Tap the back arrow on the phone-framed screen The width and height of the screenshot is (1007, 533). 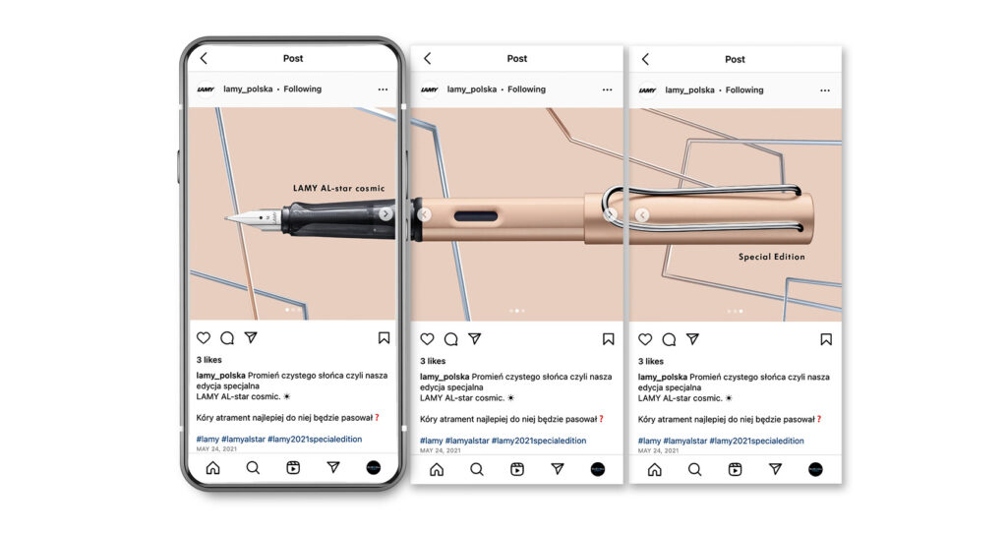click(x=205, y=58)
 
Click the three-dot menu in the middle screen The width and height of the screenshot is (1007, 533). click(x=607, y=89)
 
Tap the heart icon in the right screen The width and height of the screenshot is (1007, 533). click(x=645, y=339)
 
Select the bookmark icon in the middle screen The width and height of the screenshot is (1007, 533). click(x=608, y=339)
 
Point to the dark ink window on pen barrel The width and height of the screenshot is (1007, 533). click(x=476, y=216)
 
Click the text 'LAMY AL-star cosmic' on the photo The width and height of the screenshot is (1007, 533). click(x=339, y=188)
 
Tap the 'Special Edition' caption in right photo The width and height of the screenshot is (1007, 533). click(x=771, y=257)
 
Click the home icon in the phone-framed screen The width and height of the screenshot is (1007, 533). click(x=212, y=467)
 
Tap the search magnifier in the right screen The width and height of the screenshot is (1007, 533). click(x=694, y=469)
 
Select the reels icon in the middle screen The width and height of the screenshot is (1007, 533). click(x=517, y=469)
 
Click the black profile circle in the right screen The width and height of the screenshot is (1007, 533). click(x=815, y=469)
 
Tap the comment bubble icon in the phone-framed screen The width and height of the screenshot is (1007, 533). click(x=227, y=337)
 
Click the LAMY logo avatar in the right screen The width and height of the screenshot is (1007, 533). click(x=647, y=90)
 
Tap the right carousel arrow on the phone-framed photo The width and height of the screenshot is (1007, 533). click(x=385, y=213)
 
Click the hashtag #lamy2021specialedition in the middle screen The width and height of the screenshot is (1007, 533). click(x=539, y=441)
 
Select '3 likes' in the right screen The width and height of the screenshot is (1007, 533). click(x=651, y=362)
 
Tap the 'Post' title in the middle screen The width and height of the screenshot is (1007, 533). click(x=517, y=59)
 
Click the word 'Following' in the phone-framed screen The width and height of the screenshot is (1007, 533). click(x=303, y=89)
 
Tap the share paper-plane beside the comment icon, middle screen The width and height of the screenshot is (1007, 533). click(x=475, y=338)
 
